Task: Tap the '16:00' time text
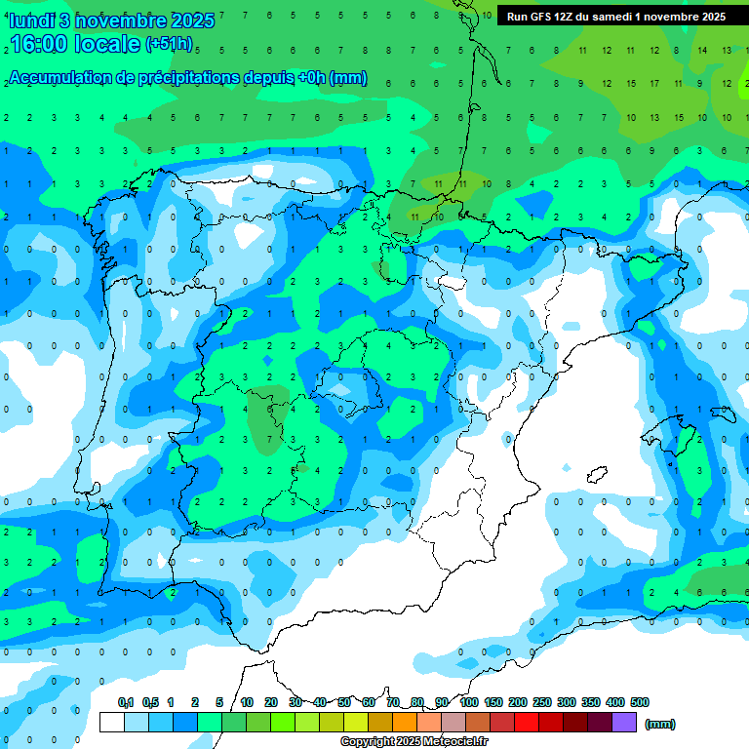point(39,44)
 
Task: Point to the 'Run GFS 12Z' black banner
point(615,17)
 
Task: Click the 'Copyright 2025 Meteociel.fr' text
point(415,742)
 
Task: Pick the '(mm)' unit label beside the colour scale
point(660,724)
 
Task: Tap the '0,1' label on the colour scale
point(126,702)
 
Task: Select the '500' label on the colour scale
point(640,702)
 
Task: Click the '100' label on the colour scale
point(469,702)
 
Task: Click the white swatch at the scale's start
point(112,723)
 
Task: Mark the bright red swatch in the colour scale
point(527,723)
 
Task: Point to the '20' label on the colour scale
point(271,702)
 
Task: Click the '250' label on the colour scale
point(542,702)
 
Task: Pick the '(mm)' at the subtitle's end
point(348,78)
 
